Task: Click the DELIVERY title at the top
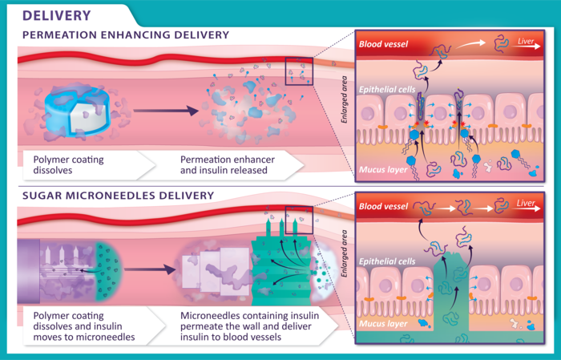[x=56, y=15]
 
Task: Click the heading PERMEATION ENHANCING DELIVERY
[x=126, y=35]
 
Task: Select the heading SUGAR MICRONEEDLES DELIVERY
[x=118, y=195]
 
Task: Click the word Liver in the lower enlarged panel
[x=526, y=204]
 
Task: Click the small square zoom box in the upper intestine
[x=299, y=71]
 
